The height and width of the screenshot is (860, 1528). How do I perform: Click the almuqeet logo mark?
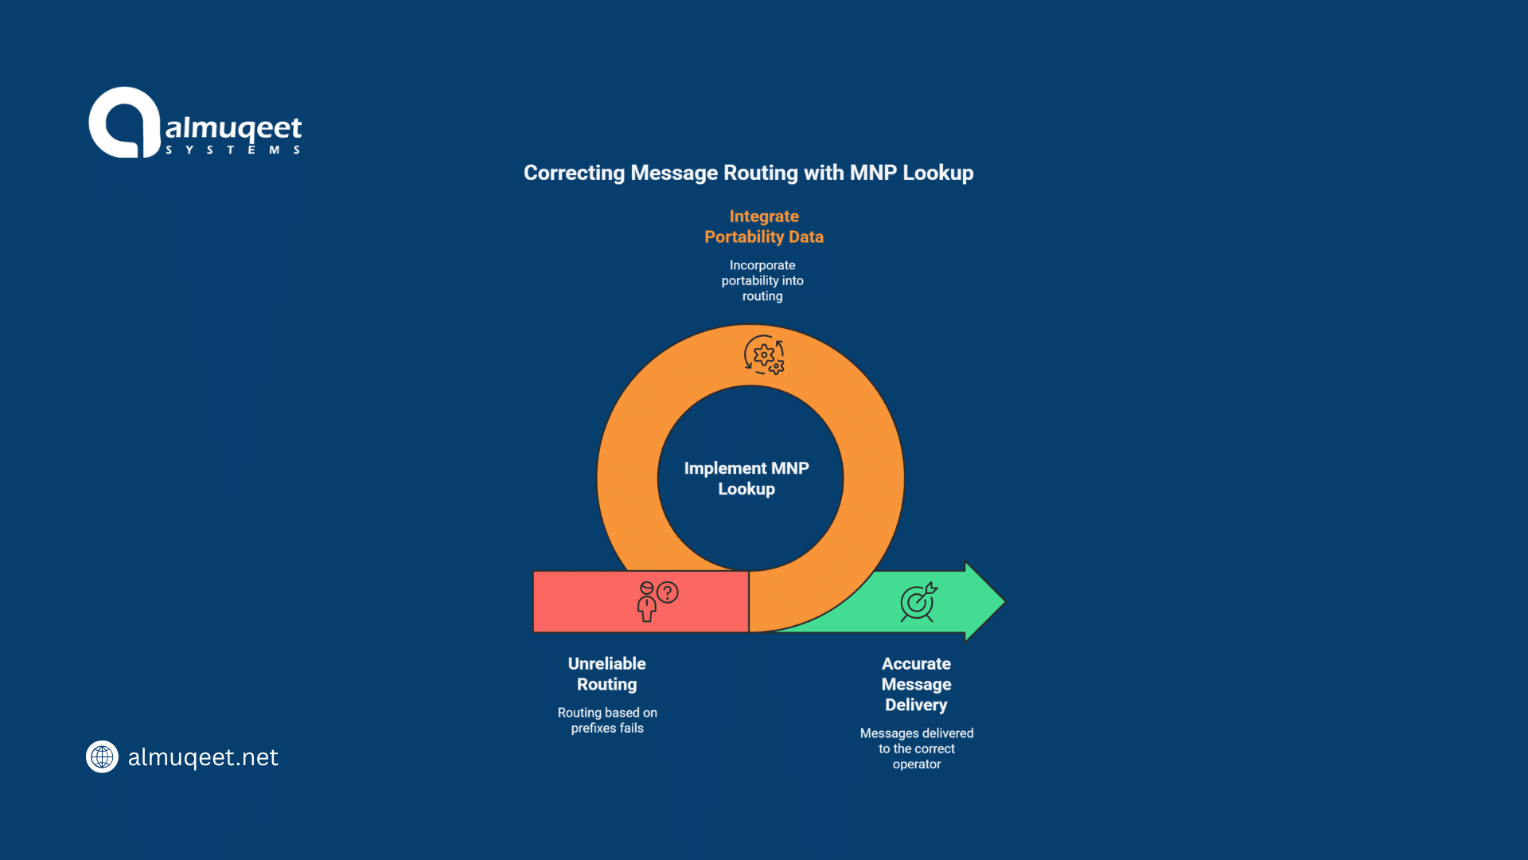124,123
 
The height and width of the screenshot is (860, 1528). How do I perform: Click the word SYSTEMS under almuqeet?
232,150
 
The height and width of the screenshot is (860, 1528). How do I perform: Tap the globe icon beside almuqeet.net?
102,756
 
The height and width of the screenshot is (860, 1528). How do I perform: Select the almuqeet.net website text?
203,756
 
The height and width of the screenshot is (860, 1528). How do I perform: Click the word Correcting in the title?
574,173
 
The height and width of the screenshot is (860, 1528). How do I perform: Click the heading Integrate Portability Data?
763,226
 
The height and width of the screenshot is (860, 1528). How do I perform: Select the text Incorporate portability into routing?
762,280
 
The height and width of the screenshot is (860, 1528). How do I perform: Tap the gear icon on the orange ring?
764,355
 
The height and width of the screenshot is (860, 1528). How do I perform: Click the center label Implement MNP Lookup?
746,479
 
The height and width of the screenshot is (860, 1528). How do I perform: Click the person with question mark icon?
657,601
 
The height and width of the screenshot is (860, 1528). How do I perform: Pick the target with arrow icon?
918,602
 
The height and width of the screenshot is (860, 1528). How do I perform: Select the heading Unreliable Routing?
606,674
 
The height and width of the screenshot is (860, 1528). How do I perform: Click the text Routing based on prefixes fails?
607,720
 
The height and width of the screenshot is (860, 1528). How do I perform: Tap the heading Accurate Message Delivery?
916,684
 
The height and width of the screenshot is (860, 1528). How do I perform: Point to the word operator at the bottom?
916,764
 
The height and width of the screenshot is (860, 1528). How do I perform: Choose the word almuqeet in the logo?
233,128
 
